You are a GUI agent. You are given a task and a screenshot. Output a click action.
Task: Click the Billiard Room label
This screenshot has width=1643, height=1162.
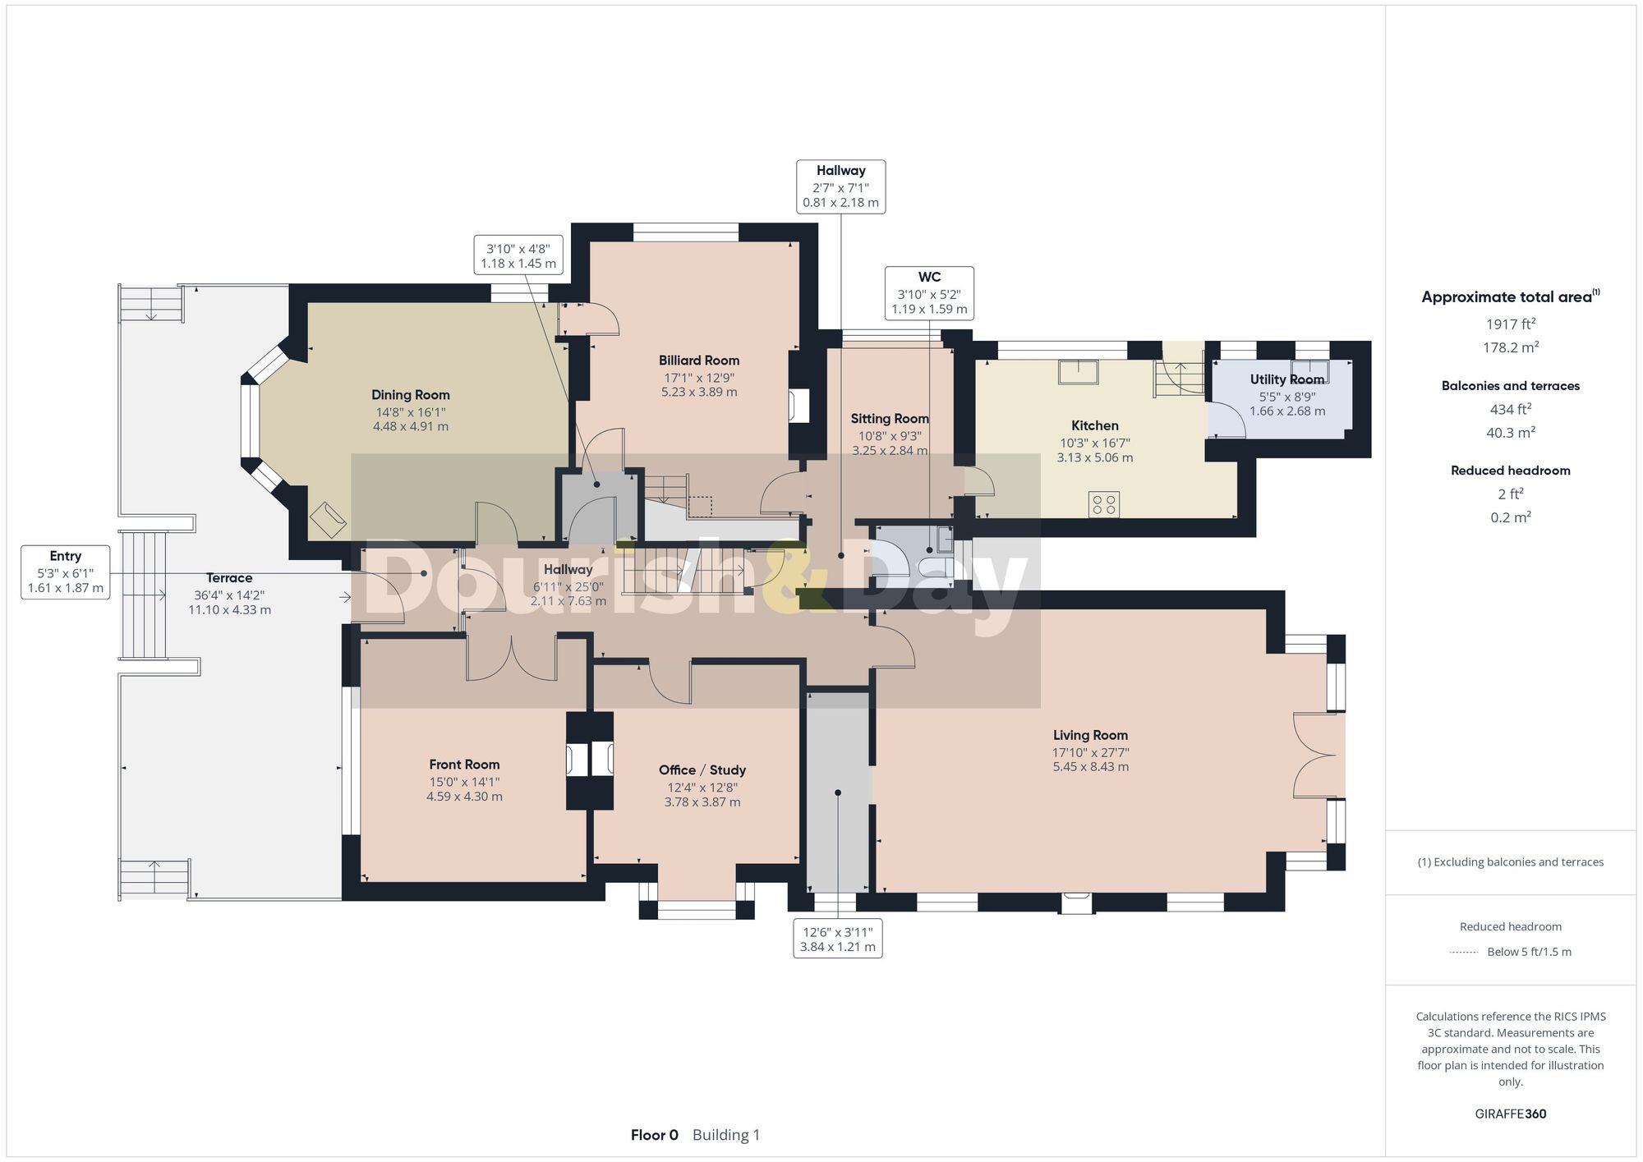coord(698,361)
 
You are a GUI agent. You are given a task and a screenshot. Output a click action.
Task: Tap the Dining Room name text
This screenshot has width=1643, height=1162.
coord(410,395)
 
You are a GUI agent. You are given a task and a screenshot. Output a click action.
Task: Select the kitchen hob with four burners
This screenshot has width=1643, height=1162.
coord(1103,504)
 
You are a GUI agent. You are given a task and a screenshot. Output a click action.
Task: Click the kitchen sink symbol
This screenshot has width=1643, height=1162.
coord(1079,372)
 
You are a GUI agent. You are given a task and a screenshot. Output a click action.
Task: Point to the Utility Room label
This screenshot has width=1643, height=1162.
coord(1286,379)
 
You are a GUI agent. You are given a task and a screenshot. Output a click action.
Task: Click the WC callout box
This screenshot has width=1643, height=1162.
coord(929,293)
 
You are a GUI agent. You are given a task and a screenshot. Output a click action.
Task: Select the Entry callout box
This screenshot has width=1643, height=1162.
coord(66,572)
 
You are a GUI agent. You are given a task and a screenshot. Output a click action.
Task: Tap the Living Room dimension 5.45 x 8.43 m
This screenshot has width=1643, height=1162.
coord(1090,767)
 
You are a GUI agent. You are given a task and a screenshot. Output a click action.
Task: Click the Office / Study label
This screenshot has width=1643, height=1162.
coord(702,769)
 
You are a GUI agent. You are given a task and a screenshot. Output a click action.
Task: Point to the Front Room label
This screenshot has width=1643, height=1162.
coord(464,765)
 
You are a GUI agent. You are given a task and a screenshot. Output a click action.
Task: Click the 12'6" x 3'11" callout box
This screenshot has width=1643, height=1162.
coord(837,939)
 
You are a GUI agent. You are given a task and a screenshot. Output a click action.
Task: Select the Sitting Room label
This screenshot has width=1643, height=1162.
coord(889,419)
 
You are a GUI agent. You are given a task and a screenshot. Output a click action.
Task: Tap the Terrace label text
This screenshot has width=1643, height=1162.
coord(229,578)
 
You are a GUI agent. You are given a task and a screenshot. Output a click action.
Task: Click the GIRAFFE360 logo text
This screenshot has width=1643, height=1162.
coord(1510,1114)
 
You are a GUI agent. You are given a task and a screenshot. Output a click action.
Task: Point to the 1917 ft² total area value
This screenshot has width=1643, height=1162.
coord(1510,324)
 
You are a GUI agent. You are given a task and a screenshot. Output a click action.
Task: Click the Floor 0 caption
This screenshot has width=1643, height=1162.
coord(654,1135)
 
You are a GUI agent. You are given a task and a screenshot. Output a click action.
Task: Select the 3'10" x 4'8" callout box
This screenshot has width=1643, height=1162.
coord(518,255)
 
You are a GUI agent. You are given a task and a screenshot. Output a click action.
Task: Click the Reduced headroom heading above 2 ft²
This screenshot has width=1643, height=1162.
coord(1510,471)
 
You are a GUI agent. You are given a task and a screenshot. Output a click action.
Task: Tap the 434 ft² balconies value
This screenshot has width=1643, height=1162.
coord(1510,409)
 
